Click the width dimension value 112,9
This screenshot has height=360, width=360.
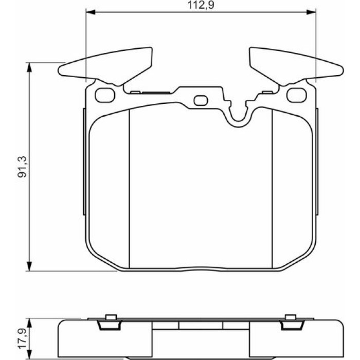tap(201, 5)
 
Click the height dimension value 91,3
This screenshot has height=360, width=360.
tap(23, 167)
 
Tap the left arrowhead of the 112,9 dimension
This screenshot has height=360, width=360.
tap(91, 12)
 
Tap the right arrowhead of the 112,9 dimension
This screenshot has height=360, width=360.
tap(311, 12)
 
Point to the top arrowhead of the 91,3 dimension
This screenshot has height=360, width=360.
tap(29, 67)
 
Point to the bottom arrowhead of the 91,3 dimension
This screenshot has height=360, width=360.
tap(29, 266)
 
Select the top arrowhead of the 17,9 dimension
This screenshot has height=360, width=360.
tap(29, 322)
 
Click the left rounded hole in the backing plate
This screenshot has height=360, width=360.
tap(105, 95)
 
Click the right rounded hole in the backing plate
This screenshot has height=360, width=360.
tap(297, 95)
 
